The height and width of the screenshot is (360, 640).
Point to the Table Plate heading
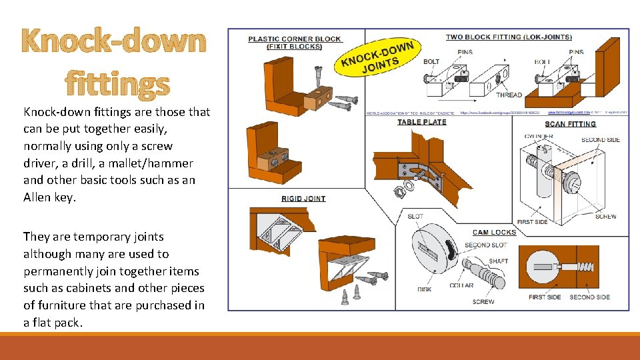coord(422,122)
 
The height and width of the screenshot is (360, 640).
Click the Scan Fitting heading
coord(570,124)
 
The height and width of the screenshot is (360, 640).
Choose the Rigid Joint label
coord(303,199)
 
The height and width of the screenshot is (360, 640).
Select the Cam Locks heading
coord(494,233)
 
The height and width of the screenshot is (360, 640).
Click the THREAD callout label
coord(509,95)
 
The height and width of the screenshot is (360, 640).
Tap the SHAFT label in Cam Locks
coord(499,261)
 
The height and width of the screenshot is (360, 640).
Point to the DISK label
coord(425,289)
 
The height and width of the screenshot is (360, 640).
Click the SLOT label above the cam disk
coord(415,217)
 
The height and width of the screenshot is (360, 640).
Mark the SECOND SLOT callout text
coord(486,245)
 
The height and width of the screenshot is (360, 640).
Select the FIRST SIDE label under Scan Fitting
coord(532,222)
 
